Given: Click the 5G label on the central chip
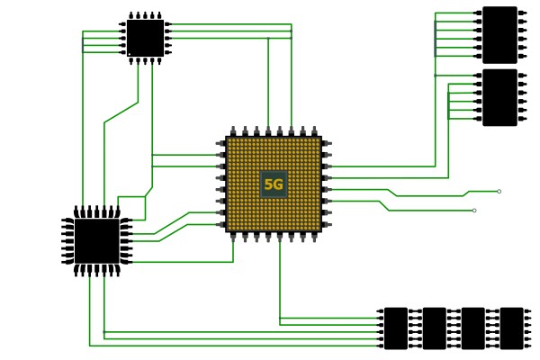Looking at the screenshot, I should (x=274, y=184).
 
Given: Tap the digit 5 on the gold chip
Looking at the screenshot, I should (x=268, y=184).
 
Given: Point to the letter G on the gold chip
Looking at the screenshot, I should (x=278, y=184).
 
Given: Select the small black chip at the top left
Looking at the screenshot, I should (x=145, y=38).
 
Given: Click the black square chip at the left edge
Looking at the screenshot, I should (x=96, y=241).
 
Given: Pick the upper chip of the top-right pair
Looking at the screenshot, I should (x=499, y=34).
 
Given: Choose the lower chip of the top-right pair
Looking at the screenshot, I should (x=499, y=97).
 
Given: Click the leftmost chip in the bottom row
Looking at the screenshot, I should (x=395, y=328).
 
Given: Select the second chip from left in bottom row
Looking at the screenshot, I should (x=434, y=328).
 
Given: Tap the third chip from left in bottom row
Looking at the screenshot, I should (x=472, y=328).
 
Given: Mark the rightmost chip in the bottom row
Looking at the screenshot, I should (x=511, y=328).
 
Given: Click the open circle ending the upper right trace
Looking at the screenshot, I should (x=499, y=191).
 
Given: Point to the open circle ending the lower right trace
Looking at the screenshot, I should (x=474, y=211).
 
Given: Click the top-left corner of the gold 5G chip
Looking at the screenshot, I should (x=227, y=138).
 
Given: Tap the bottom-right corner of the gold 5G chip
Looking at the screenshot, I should (x=320, y=230).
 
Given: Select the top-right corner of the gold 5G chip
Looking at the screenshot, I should (x=320, y=138).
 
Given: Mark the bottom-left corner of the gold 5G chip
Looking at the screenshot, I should (x=227, y=230).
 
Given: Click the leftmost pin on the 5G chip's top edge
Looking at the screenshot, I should (x=233, y=131).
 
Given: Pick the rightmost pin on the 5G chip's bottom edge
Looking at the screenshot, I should (x=314, y=237).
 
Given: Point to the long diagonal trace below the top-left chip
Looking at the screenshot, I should (x=121, y=112).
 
